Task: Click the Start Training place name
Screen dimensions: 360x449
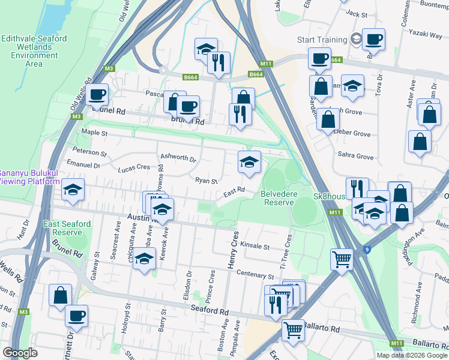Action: pyautogui.click(x=322, y=40)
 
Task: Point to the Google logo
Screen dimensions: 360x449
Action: pyautogui.click(x=20, y=352)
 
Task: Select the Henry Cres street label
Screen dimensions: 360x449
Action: pyautogui.click(x=234, y=251)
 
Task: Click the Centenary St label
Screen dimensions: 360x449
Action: pyautogui.click(x=255, y=276)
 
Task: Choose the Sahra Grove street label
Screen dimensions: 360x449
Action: pyautogui.click(x=356, y=156)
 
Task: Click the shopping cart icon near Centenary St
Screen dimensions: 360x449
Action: pyautogui.click(x=342, y=259)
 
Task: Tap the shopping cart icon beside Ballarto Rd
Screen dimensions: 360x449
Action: pyautogui.click(x=292, y=329)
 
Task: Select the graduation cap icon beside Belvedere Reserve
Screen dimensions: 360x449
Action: pyautogui.click(x=250, y=161)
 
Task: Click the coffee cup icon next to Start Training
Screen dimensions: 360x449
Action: pyautogui.click(x=373, y=40)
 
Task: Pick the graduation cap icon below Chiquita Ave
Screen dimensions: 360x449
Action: pyautogui.click(x=144, y=259)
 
